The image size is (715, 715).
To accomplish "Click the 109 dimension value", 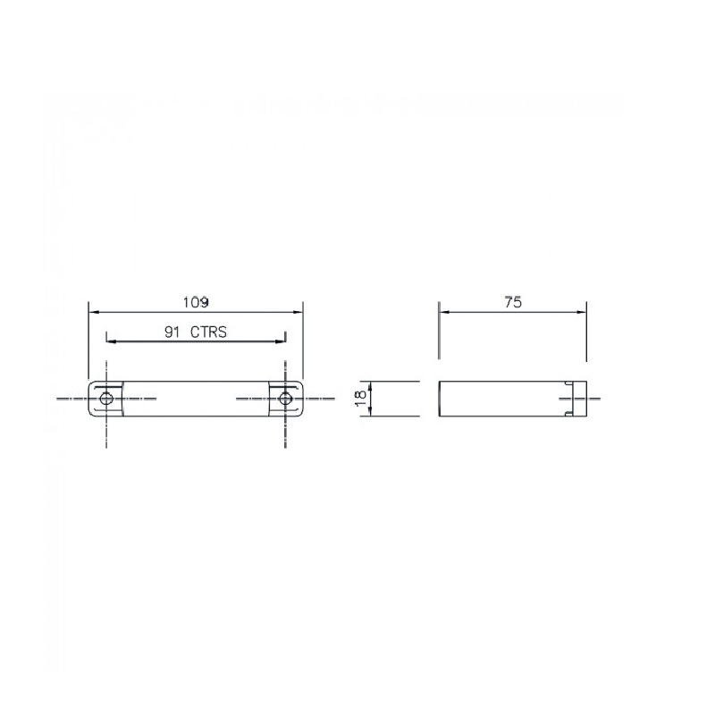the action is (x=196, y=302).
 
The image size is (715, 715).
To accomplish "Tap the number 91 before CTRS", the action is (x=172, y=332).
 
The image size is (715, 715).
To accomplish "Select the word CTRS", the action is (x=208, y=332).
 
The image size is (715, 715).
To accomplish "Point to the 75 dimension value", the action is (x=513, y=302).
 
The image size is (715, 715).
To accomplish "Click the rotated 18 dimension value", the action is (x=360, y=398).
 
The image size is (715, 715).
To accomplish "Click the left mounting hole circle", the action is (x=106, y=398).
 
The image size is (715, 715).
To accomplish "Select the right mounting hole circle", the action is (x=285, y=398).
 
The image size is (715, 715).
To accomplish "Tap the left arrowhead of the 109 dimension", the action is (x=94, y=312).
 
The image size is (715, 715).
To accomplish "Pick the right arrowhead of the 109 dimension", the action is (x=298, y=312).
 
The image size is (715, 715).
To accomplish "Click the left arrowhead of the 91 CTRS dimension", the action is (x=111, y=341).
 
